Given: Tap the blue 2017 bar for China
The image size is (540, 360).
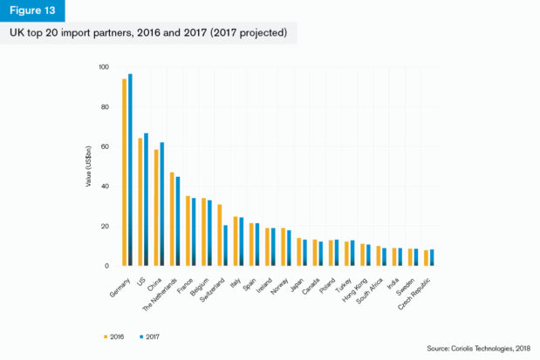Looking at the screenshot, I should pyautogui.click(x=162, y=204).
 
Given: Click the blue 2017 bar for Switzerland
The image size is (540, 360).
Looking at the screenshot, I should pyautogui.click(x=225, y=246).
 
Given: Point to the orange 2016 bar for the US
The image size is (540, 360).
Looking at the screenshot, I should pyautogui.click(x=140, y=202).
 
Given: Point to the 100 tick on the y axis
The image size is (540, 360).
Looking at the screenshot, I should pyautogui.click(x=104, y=67).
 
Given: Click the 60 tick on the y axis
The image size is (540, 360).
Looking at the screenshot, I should pyautogui.click(x=105, y=146).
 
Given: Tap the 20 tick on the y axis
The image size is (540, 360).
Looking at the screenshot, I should pyautogui.click(x=105, y=226).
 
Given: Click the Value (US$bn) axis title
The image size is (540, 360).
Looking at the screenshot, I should pyautogui.click(x=88, y=166).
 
